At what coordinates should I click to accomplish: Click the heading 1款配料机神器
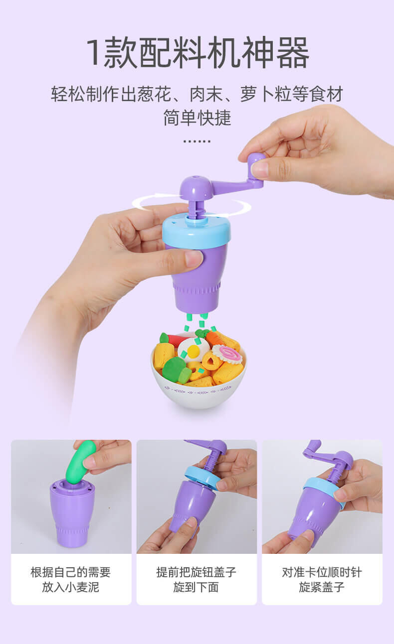(197, 53)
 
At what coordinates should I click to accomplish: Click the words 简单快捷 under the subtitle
(197, 118)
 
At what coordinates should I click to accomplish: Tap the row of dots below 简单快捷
(197, 141)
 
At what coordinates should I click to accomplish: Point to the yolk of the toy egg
(194, 351)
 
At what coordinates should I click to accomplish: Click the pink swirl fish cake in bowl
(230, 355)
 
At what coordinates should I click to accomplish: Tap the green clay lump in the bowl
(176, 370)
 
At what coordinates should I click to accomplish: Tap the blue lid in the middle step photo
(201, 479)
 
